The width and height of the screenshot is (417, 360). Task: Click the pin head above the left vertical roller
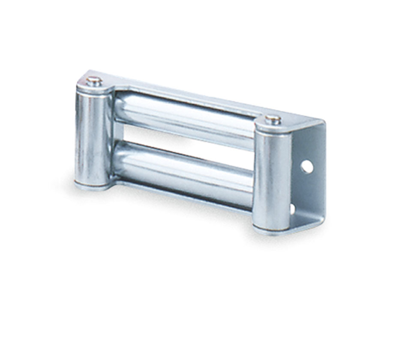click(x=93, y=80)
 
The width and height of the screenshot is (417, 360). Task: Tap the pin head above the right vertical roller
click(x=273, y=119)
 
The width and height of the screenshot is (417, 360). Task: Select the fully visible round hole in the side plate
click(x=307, y=166)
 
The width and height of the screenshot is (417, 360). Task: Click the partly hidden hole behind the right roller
click(x=293, y=209)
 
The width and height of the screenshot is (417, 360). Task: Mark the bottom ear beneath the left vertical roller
click(x=92, y=186)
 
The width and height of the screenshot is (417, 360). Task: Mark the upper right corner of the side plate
click(x=324, y=124)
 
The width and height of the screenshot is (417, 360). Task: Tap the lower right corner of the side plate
click(x=322, y=219)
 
